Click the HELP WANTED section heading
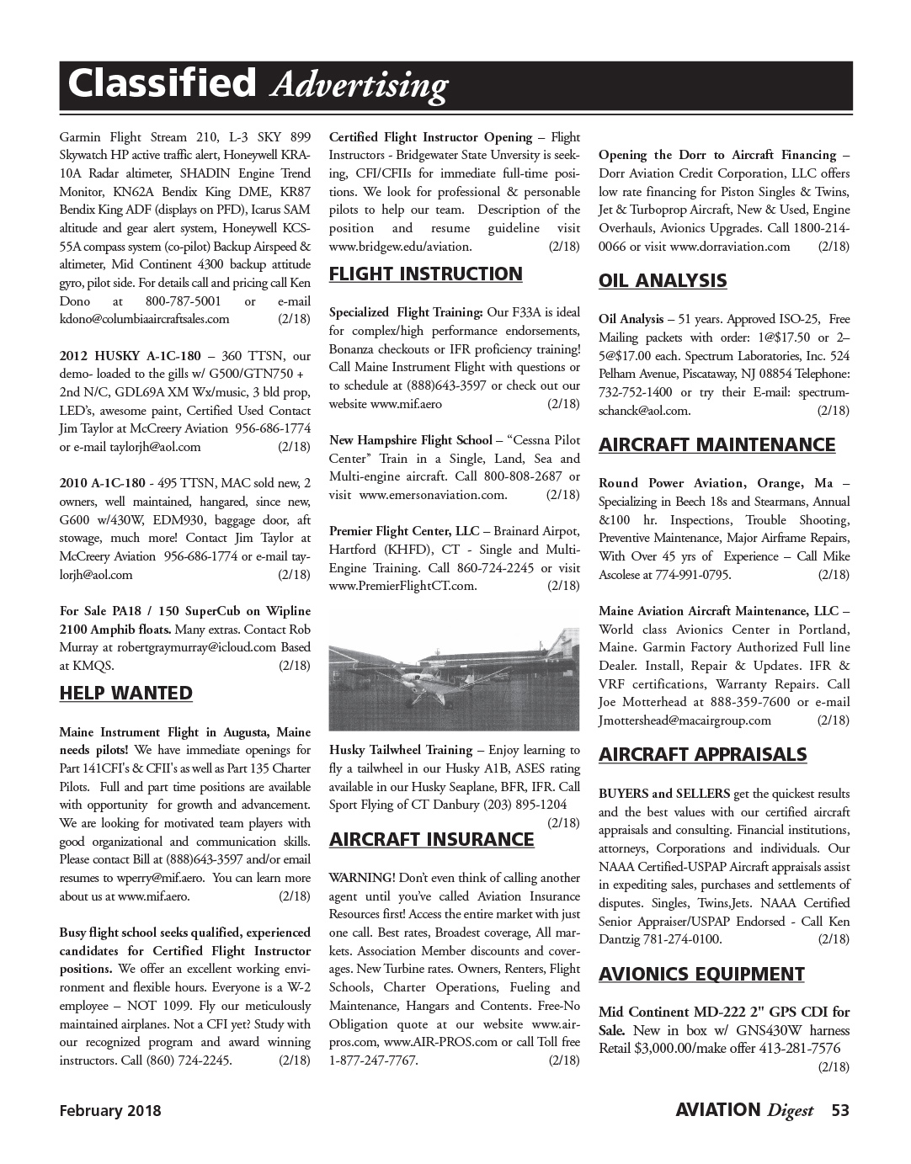[x=125, y=694]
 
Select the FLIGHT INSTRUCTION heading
[x=425, y=274]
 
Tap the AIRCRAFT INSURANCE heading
[x=431, y=840]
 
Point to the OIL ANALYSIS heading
[x=663, y=281]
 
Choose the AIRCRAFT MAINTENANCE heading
[x=717, y=445]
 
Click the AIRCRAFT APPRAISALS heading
[x=702, y=755]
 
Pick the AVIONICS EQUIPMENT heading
[x=701, y=975]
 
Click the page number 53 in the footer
[x=839, y=1110]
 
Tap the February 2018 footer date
[x=109, y=1111]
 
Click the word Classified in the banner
[x=161, y=84]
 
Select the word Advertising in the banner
[x=360, y=86]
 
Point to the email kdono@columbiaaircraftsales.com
[x=144, y=319]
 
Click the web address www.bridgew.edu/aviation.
[x=400, y=247]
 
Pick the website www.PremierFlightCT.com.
[x=402, y=586]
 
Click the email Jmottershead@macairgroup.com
[x=685, y=720]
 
